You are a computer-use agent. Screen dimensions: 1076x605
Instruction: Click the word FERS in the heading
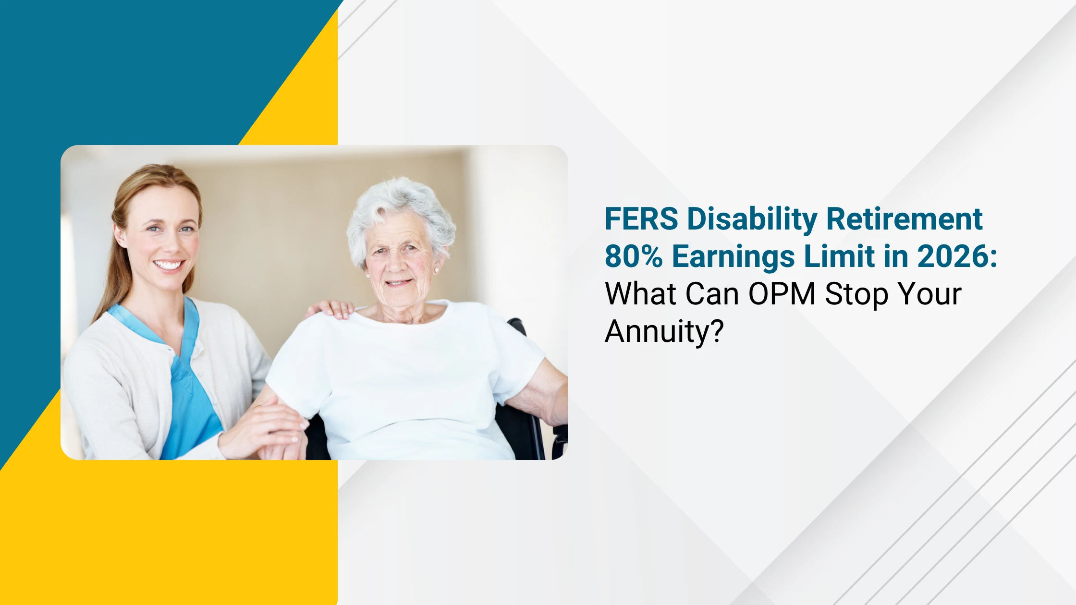[x=641, y=219]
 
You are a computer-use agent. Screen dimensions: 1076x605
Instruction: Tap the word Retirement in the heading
[x=905, y=219]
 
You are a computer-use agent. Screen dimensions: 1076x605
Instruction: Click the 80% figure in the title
[x=634, y=256]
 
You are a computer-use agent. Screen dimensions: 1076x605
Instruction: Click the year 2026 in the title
[x=953, y=256]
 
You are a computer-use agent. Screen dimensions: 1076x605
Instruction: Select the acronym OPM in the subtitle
[x=782, y=294]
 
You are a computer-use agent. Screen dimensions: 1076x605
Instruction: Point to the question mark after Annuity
[x=716, y=331]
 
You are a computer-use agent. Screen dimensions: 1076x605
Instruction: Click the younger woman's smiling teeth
[x=168, y=265]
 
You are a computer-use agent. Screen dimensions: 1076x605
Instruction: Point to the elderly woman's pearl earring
[x=436, y=270]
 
